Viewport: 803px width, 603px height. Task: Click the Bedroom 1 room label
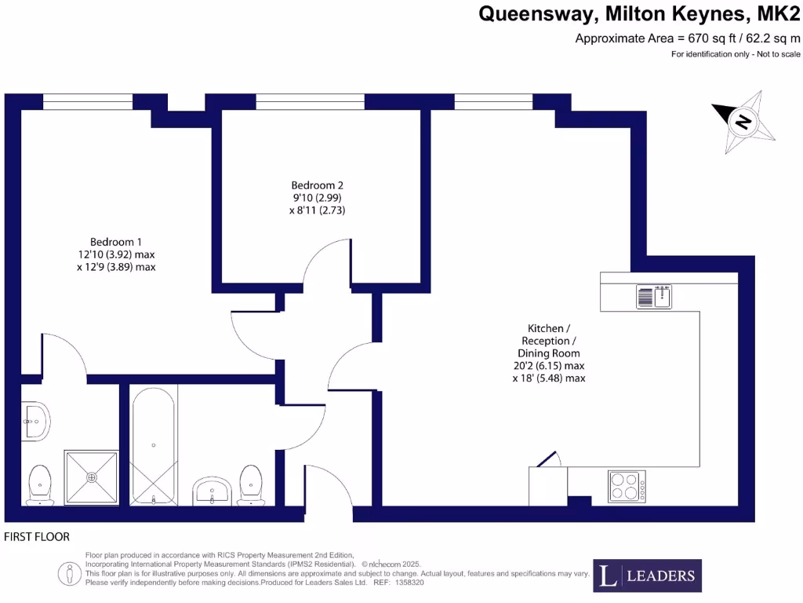(116, 241)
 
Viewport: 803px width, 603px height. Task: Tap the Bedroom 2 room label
(317, 185)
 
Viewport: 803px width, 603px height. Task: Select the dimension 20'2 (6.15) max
(549, 366)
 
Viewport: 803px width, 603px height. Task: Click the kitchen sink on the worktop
(654, 297)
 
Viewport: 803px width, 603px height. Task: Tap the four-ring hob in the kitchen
(627, 486)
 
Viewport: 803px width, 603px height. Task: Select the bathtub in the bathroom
(153, 445)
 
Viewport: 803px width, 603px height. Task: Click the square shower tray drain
(92, 477)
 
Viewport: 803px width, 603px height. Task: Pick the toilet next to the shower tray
(39, 485)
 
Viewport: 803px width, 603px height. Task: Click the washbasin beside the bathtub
(212, 491)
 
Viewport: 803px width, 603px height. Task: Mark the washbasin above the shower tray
(35, 421)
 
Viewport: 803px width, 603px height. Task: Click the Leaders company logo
(647, 576)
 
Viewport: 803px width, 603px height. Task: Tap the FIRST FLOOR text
(37, 537)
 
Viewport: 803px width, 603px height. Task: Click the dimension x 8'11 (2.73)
(317, 210)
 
